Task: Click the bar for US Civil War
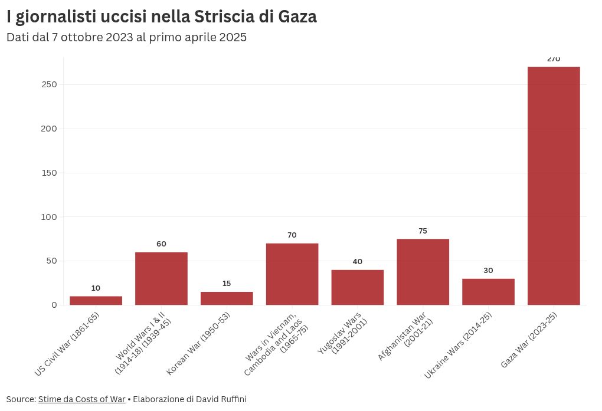[96, 301]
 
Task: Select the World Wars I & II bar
[161, 279]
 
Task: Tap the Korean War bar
[227, 298]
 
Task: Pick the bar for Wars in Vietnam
[292, 274]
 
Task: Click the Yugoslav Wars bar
[357, 288]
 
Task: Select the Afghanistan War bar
[423, 272]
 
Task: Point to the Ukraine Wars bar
[488, 292]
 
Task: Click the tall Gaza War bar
[554, 186]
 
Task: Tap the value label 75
[423, 231]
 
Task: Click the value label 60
[161, 244]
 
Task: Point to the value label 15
[227, 284]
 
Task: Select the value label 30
[488, 271]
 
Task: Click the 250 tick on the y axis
[50, 84]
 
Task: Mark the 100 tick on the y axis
[50, 217]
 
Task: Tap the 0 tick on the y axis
[54, 305]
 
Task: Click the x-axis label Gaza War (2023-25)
[529, 340]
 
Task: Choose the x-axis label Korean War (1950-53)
[199, 343]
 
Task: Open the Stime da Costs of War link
[81, 399]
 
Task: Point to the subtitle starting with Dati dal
[126, 37]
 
